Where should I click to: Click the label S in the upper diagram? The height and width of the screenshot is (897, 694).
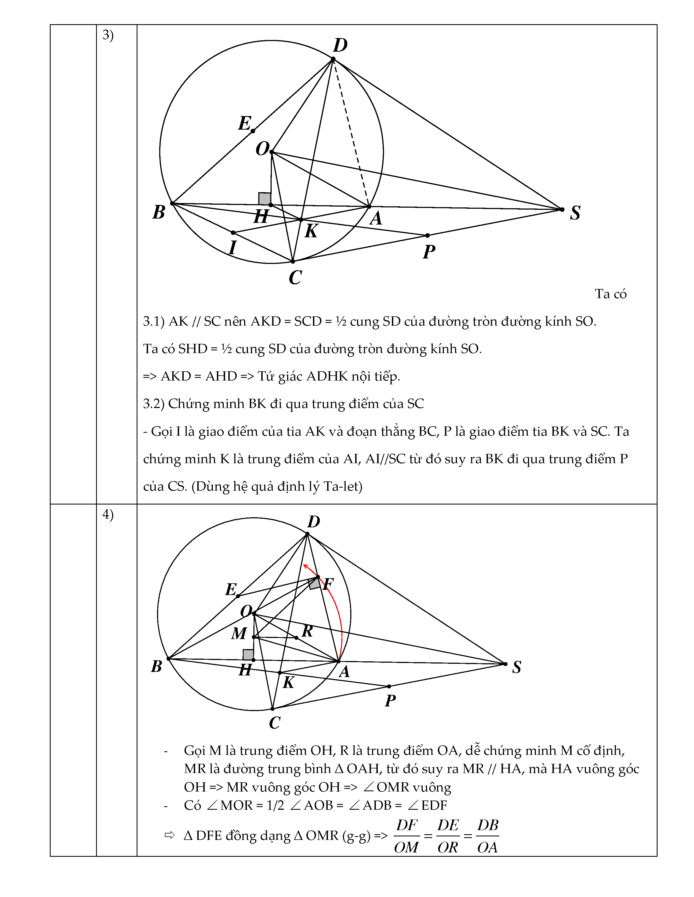575,213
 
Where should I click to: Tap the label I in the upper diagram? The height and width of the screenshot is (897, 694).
233,248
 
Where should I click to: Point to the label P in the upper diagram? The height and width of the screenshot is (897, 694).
429,251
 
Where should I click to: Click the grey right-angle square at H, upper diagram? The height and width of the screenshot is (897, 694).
264,199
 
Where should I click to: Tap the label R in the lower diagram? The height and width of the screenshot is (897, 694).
307,630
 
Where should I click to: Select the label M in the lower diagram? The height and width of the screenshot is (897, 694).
239,634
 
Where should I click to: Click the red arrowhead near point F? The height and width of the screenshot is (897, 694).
305,567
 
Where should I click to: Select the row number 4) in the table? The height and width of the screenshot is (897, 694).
108,514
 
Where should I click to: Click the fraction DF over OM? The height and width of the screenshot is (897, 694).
406,836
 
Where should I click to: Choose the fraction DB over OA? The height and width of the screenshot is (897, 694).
488,836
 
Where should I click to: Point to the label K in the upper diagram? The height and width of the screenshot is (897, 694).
311,231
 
